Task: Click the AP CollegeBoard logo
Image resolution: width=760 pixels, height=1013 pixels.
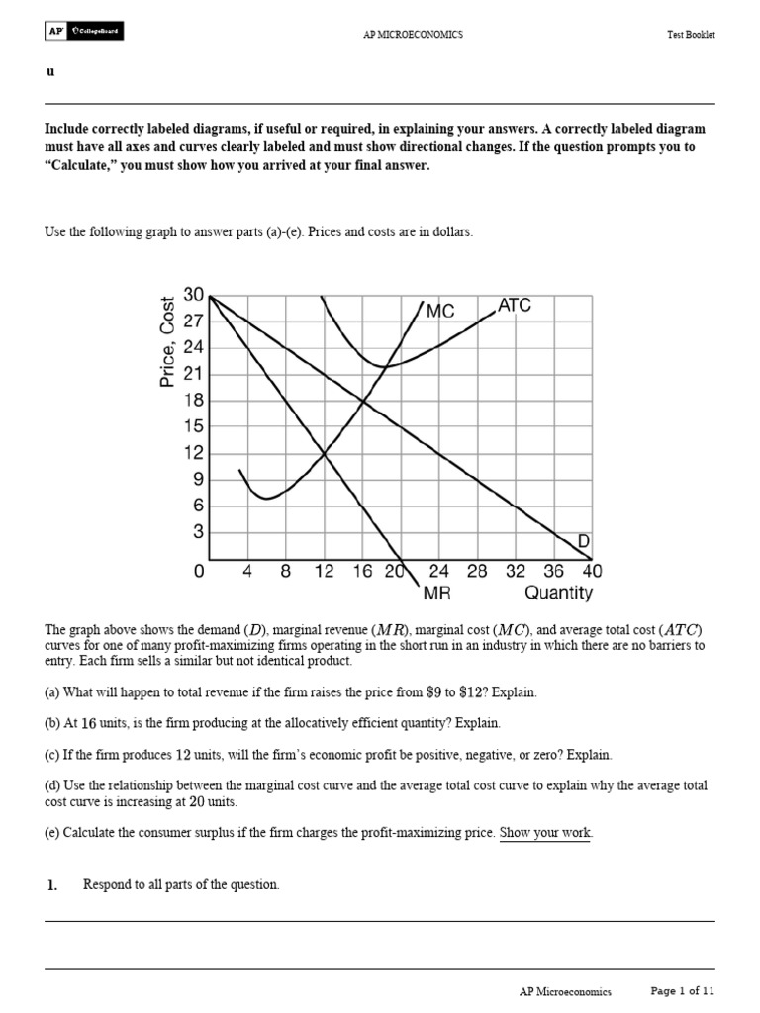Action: pyautogui.click(x=84, y=33)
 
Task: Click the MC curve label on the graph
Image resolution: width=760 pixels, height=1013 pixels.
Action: pyautogui.click(x=440, y=311)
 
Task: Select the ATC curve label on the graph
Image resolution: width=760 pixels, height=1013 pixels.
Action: pyautogui.click(x=515, y=306)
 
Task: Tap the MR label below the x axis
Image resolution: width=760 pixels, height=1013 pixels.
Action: pyautogui.click(x=437, y=594)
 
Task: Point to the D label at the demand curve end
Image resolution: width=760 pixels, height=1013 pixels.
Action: pyautogui.click(x=584, y=541)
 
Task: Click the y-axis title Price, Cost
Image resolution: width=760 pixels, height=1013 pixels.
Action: pyautogui.click(x=167, y=341)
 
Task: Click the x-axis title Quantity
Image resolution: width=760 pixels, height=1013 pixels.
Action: pyautogui.click(x=558, y=594)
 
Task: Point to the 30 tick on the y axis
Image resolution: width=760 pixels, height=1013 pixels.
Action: pyautogui.click(x=193, y=295)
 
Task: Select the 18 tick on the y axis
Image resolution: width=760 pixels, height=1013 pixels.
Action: pyautogui.click(x=193, y=401)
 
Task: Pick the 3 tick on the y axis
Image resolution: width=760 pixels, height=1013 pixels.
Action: pyautogui.click(x=198, y=532)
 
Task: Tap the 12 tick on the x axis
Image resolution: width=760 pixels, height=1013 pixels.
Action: pyautogui.click(x=325, y=572)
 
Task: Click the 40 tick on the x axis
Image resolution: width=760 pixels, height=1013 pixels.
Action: pyautogui.click(x=592, y=572)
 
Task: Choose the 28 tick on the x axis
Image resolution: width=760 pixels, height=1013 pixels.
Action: pyautogui.click(x=477, y=572)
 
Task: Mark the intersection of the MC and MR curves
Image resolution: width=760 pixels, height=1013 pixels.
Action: pyautogui.click(x=325, y=453)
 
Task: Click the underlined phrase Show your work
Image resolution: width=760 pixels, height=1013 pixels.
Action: pyautogui.click(x=545, y=833)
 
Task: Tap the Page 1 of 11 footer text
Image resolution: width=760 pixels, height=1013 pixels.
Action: pyautogui.click(x=682, y=991)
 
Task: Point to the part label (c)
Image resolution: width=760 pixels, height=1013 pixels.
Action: pyautogui.click(x=52, y=753)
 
